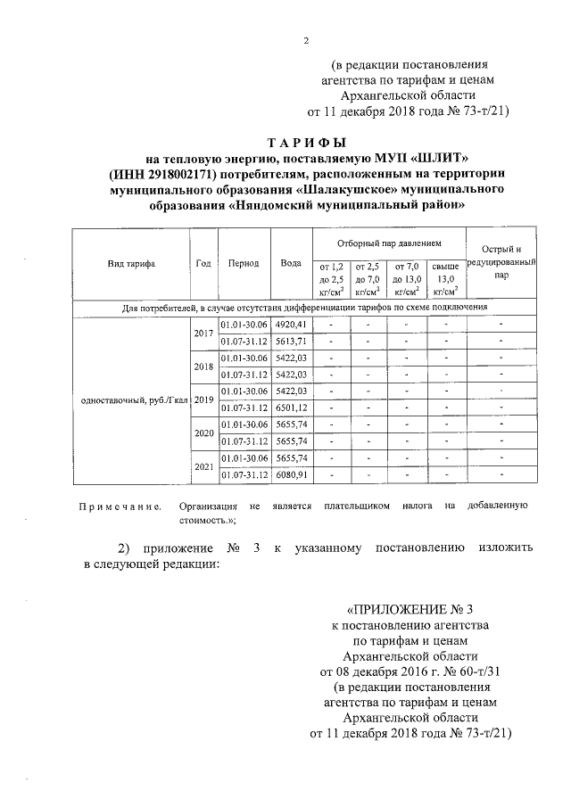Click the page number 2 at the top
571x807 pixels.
pyautogui.click(x=305, y=40)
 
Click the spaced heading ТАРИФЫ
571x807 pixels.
pyautogui.click(x=306, y=144)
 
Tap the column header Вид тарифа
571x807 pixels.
pyautogui.click(x=131, y=264)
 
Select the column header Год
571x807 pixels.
pyautogui.click(x=203, y=264)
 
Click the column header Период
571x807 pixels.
pyautogui.click(x=244, y=264)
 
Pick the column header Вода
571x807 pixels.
pyautogui.click(x=290, y=264)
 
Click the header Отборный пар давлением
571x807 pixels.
pyautogui.click(x=389, y=243)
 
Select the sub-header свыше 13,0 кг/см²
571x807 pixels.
pyautogui.click(x=445, y=278)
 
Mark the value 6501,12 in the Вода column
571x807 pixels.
pyautogui.click(x=292, y=408)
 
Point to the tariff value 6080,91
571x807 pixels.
pyautogui.click(x=292, y=474)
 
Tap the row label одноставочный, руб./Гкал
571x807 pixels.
pyautogui.click(x=131, y=399)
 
